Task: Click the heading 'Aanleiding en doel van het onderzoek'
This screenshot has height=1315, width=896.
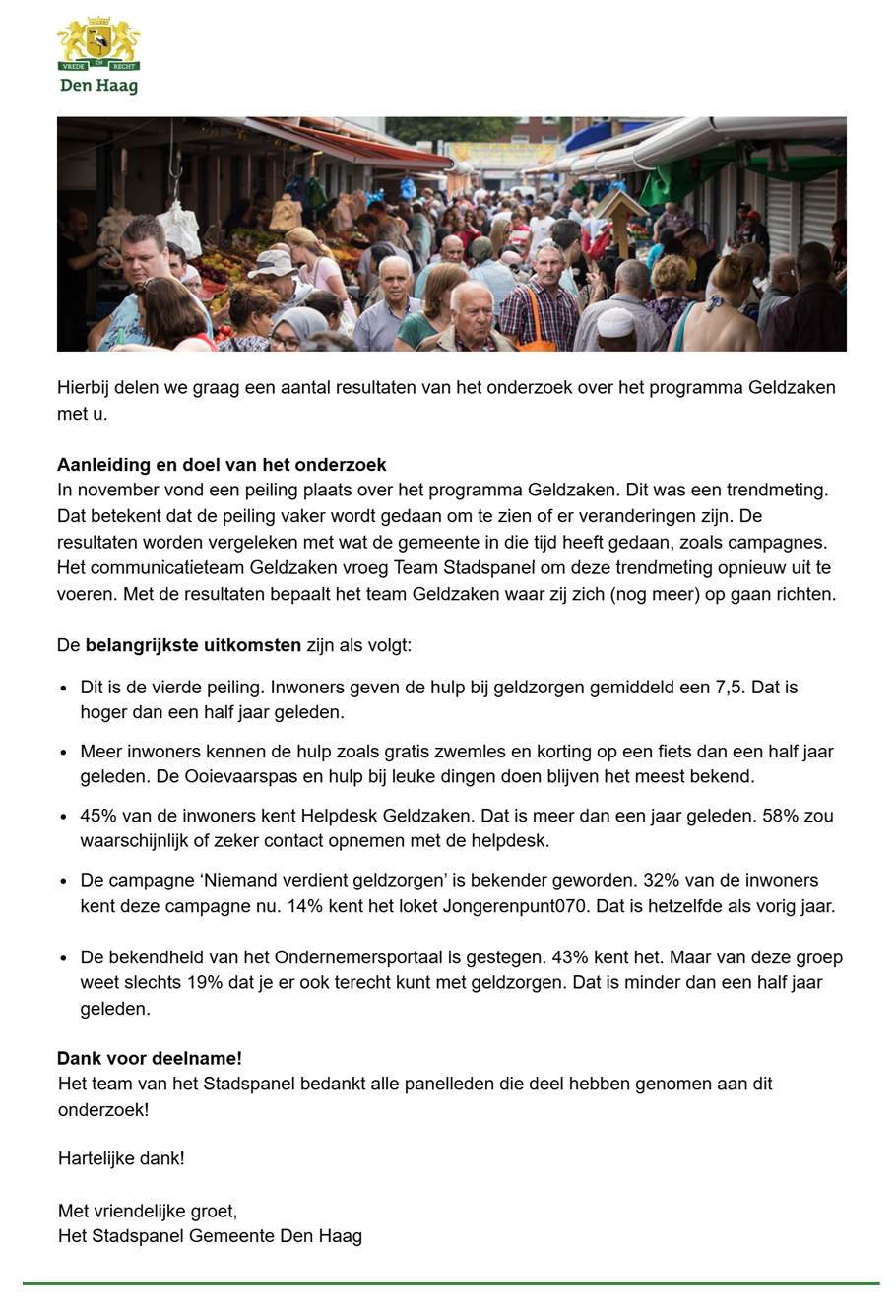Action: coord(222,465)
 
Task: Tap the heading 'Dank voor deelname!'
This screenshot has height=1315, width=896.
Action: coord(150,1058)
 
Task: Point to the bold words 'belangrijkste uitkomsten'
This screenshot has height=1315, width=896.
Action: coord(193,646)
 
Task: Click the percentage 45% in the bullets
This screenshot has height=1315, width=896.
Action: coord(97,816)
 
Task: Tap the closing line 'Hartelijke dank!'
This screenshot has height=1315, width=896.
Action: coord(121,1158)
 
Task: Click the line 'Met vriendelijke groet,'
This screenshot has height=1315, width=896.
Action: coord(148,1211)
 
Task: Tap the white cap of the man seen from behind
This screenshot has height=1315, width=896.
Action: coord(615,321)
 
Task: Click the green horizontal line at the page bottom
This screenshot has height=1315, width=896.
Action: coord(450,1283)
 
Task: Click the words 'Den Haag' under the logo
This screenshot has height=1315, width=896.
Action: coord(98,85)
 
